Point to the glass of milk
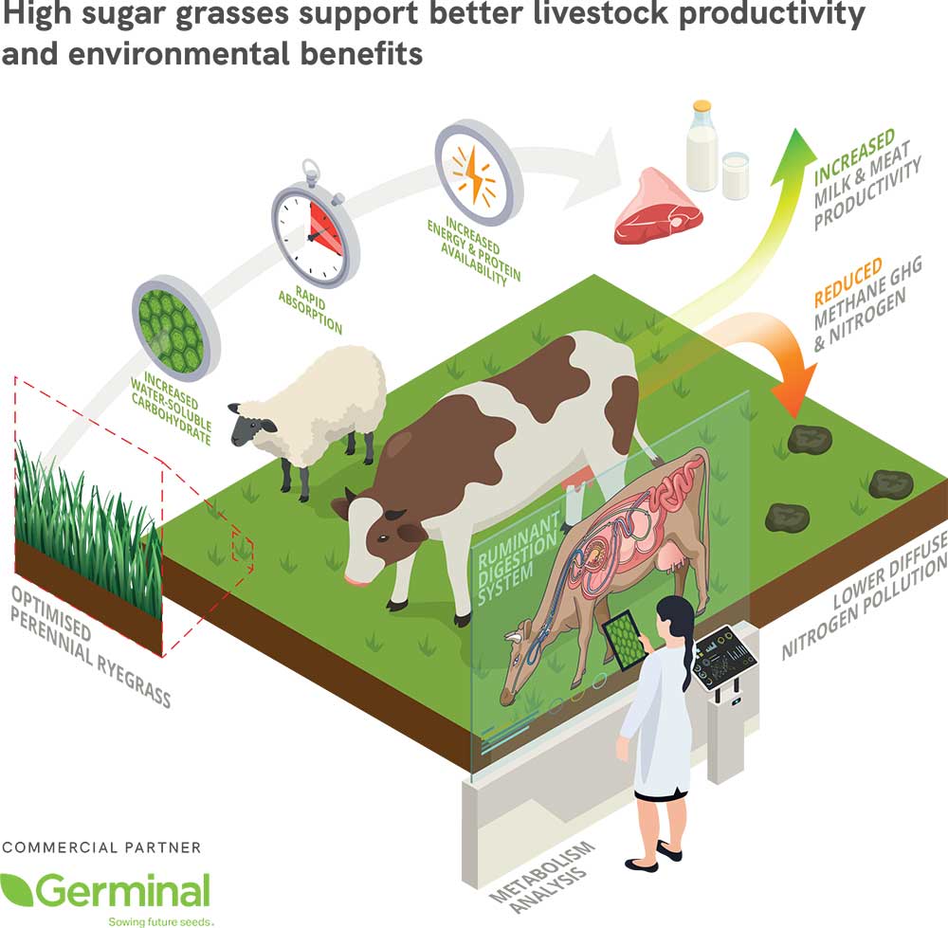pos(736,175)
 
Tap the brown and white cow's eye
pos(382,538)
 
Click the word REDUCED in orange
pos(848,282)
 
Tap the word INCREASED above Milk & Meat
pos(853,156)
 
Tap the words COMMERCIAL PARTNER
pos(101,847)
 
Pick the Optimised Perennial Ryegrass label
pos(91,647)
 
